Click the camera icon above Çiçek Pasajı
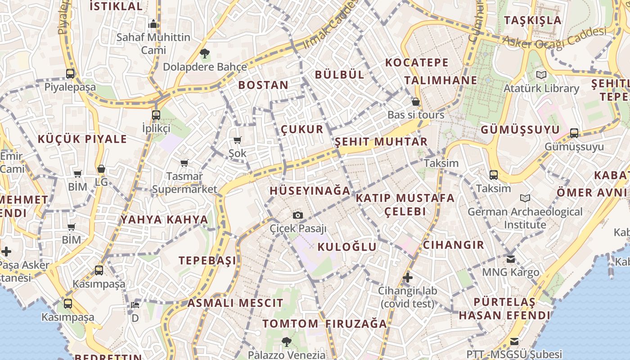pyautogui.click(x=297, y=215)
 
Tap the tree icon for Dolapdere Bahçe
pyautogui.click(x=205, y=54)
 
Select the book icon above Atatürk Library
pyautogui.click(x=541, y=75)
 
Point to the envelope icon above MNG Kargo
pyautogui.click(x=510, y=259)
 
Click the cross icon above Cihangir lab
pyautogui.click(x=407, y=277)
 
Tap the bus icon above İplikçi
pyautogui.click(x=156, y=115)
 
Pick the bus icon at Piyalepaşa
pyautogui.click(x=70, y=73)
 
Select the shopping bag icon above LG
pyautogui.click(x=101, y=169)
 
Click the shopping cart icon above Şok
pyautogui.click(x=237, y=140)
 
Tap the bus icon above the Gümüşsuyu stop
pyautogui.click(x=574, y=133)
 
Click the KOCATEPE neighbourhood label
pyautogui.click(x=417, y=63)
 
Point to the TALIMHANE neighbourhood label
pyautogui.click(x=440, y=81)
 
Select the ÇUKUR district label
pyautogui.click(x=302, y=130)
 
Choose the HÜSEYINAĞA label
pyautogui.click(x=310, y=191)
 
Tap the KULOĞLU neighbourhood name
pyautogui.click(x=346, y=247)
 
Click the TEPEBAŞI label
pyautogui.click(x=207, y=261)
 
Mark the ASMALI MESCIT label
pyautogui.click(x=235, y=303)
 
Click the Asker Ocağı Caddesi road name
pyautogui.click(x=554, y=37)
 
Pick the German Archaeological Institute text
pyautogui.click(x=525, y=218)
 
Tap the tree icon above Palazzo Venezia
pyautogui.click(x=286, y=342)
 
